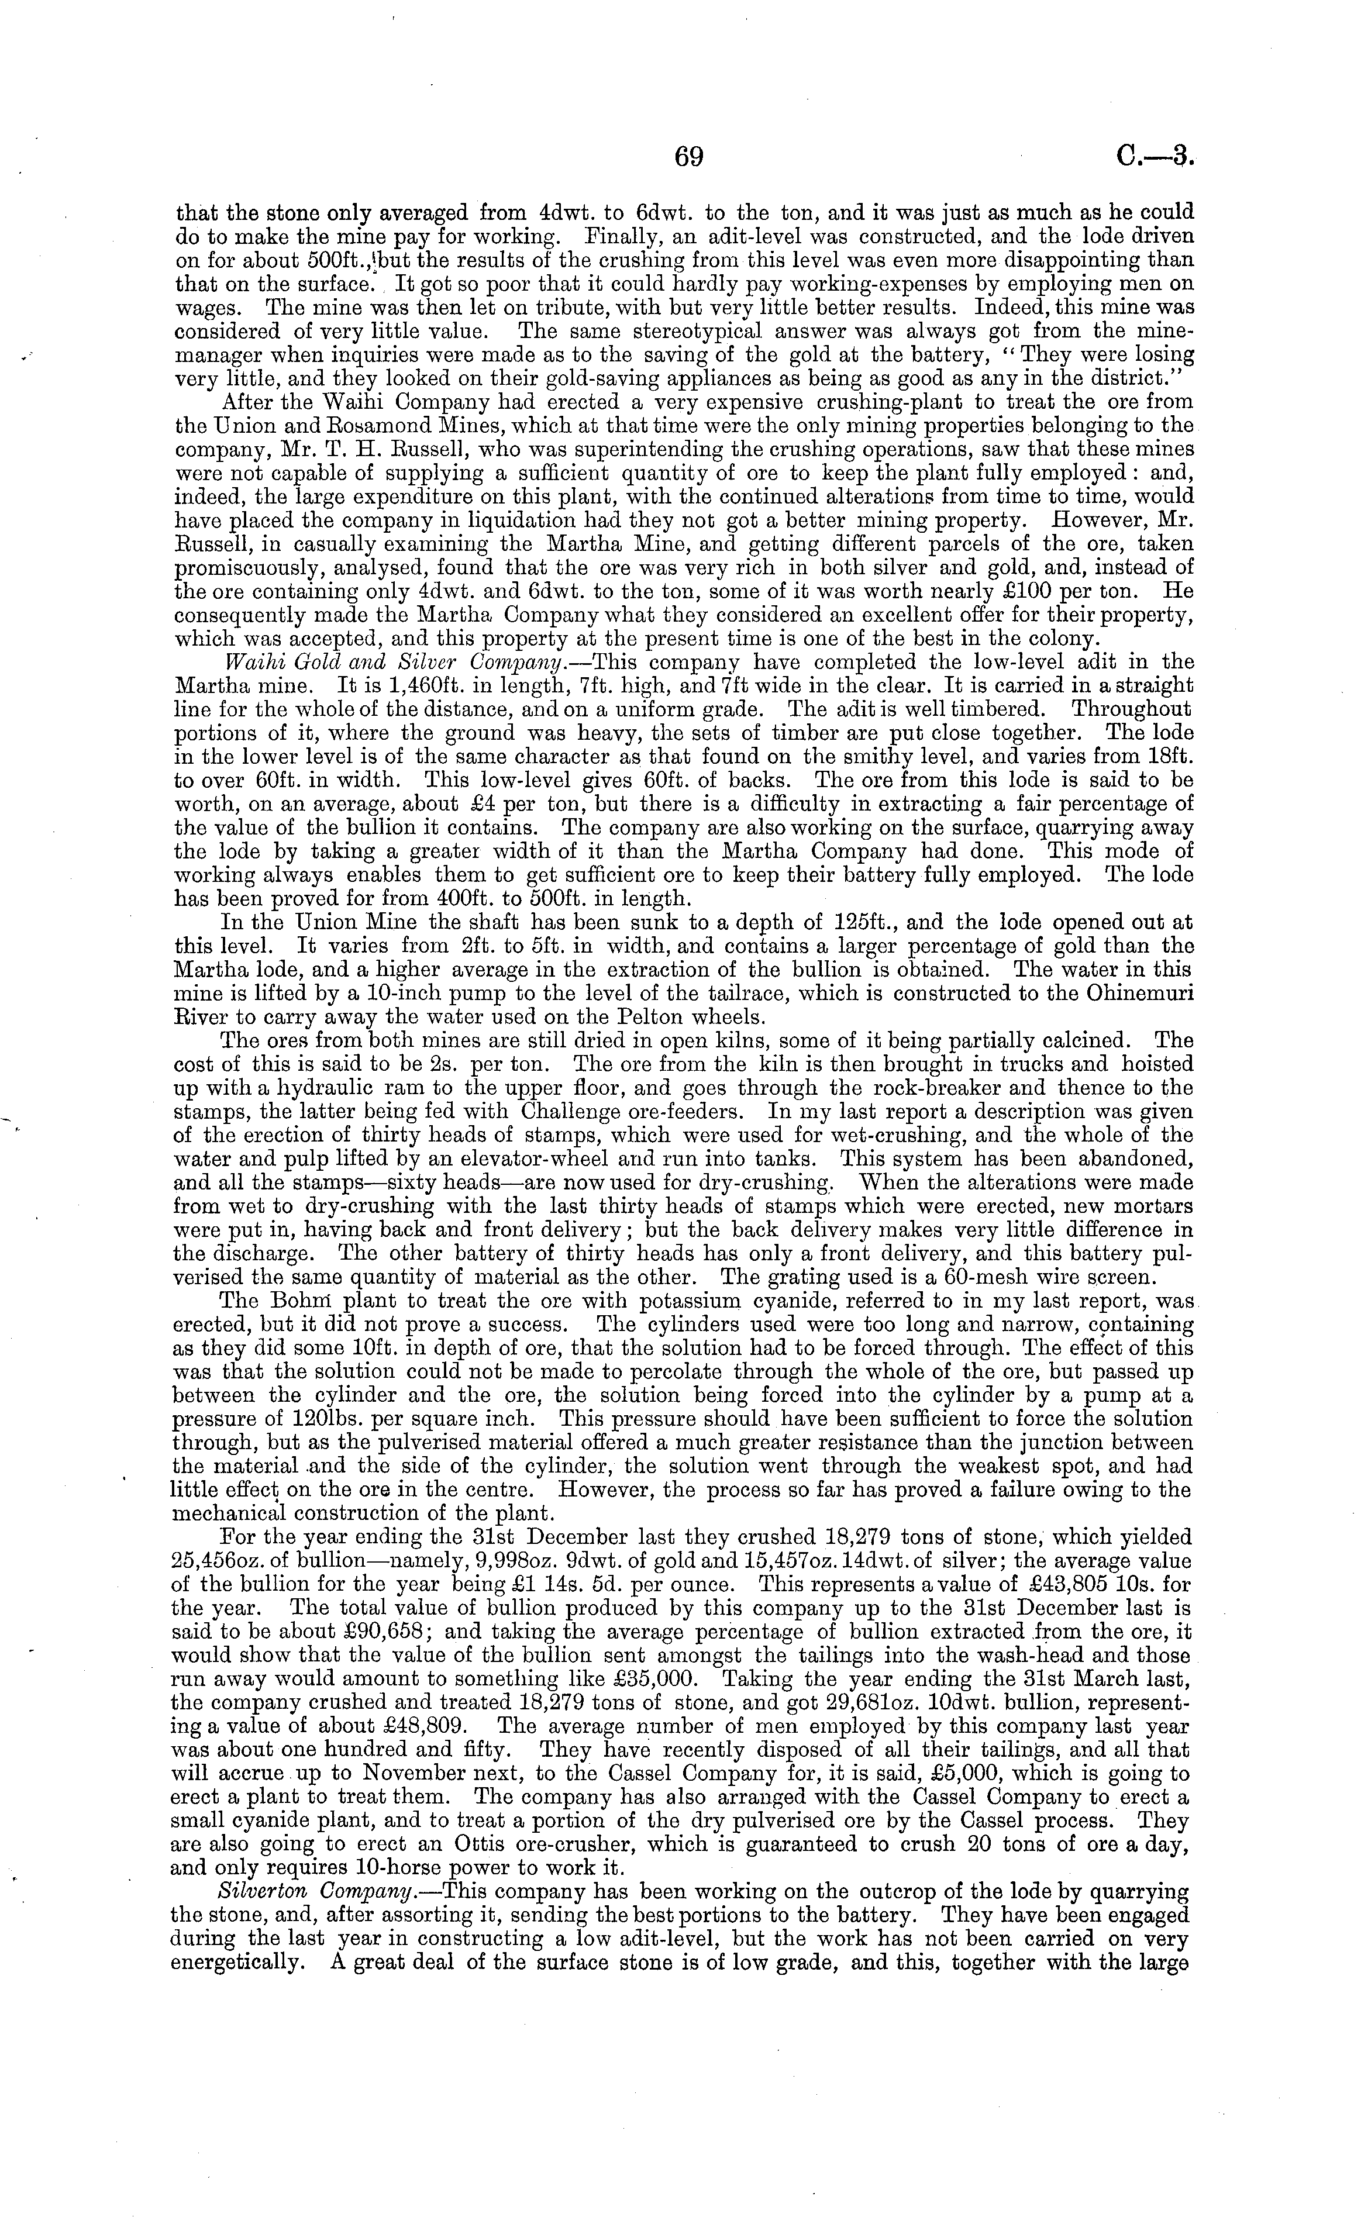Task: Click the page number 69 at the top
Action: (688, 157)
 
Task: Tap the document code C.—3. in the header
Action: (1155, 157)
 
